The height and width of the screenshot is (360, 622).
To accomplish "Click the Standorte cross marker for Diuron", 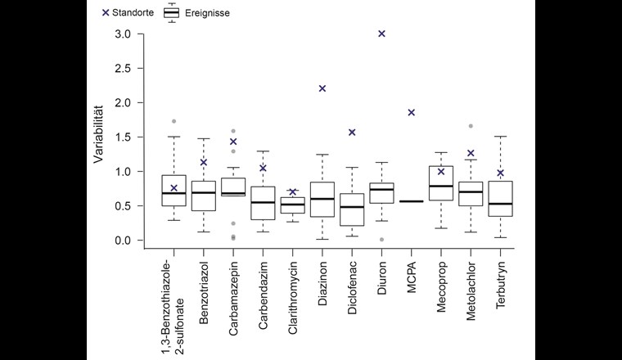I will point(381,34).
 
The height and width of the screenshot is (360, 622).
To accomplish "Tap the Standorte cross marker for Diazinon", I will point(322,88).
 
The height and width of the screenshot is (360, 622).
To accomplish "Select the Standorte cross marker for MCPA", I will point(412,113).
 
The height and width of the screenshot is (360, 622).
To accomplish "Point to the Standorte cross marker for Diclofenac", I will point(352,133).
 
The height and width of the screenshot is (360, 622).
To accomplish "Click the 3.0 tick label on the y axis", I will point(123,34).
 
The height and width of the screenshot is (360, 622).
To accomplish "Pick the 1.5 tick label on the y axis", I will point(123,137).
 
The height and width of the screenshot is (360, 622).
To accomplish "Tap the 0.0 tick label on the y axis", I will point(123,241).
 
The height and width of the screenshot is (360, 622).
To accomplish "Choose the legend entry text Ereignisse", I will point(207,13).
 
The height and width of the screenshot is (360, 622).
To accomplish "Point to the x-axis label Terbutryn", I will point(501,283).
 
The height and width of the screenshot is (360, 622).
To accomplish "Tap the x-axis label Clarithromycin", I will point(292,295).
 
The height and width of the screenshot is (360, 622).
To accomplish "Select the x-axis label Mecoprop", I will point(441,285).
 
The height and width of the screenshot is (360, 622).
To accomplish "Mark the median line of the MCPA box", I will point(412,201).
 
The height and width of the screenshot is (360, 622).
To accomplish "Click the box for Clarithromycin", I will point(292,205).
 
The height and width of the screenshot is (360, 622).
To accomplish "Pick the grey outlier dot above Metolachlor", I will point(471,126).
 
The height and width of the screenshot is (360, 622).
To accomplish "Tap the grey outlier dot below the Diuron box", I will point(381,239).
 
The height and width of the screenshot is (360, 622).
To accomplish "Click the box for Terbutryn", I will point(501,198).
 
